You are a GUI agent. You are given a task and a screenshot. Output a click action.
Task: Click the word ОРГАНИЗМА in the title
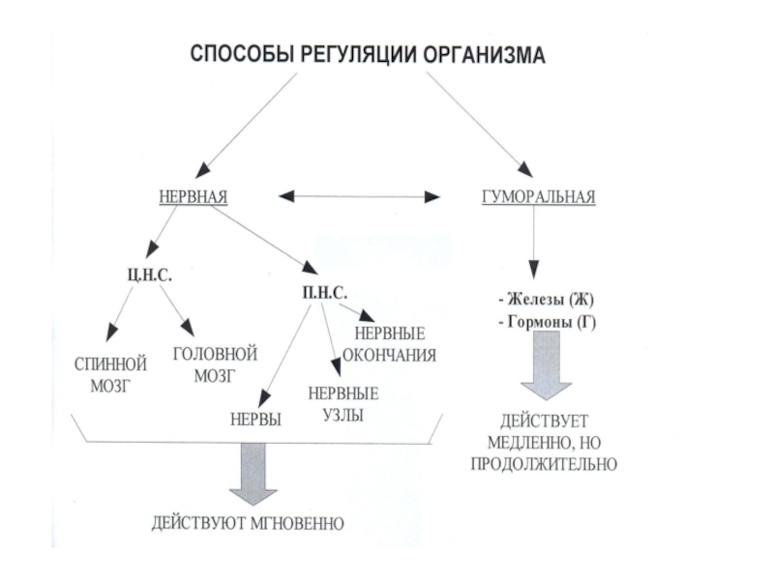[x=484, y=54]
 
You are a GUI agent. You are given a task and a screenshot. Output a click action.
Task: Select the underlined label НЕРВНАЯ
[x=193, y=197]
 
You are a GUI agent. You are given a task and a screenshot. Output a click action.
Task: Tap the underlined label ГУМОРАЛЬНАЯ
[x=539, y=197]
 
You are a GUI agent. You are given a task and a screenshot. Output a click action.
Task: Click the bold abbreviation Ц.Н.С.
[x=150, y=275]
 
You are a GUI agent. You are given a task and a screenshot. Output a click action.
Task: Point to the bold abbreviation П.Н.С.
[x=324, y=293]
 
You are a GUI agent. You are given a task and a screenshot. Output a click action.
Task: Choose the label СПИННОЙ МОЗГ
[x=110, y=375]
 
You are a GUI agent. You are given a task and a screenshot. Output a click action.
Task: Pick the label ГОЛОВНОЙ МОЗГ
[x=215, y=364]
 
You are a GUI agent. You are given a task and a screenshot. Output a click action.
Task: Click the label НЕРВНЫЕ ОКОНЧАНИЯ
[x=390, y=344]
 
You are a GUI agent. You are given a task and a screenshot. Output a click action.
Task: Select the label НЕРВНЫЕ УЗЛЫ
[x=343, y=404]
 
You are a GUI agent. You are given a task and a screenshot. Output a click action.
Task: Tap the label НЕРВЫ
[x=255, y=420]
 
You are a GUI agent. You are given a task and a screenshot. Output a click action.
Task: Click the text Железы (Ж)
[x=547, y=300]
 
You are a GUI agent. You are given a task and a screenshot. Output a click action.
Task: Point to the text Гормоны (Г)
[x=548, y=322]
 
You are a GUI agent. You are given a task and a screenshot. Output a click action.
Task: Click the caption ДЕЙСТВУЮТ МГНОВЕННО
[x=248, y=523]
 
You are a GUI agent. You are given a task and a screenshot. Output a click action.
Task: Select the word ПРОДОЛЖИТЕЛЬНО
[x=544, y=464]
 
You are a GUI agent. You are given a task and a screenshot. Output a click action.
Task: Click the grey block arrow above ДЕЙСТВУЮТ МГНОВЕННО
[x=253, y=474]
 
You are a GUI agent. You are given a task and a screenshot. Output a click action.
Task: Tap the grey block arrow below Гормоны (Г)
[x=547, y=365]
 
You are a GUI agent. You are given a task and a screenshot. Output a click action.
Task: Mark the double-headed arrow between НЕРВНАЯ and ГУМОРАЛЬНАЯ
[x=359, y=197]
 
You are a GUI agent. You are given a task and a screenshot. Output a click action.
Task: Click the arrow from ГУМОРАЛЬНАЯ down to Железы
[x=533, y=243]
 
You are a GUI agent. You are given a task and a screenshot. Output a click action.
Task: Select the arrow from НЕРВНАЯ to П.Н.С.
[x=264, y=239]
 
